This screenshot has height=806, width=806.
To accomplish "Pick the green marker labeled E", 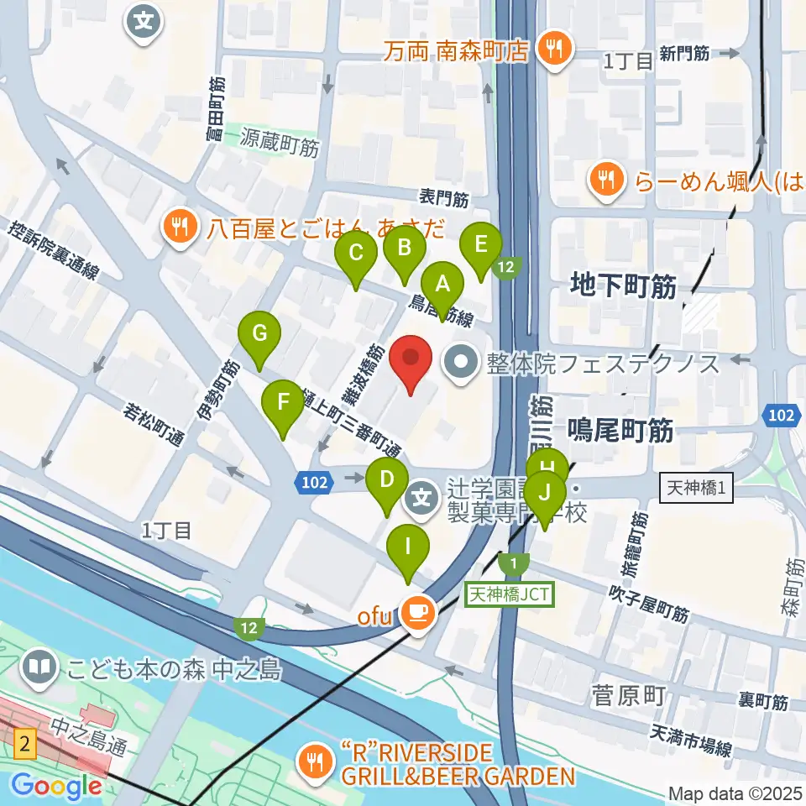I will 481,246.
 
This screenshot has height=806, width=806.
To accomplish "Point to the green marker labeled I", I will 408,548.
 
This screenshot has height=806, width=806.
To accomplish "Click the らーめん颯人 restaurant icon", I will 605,178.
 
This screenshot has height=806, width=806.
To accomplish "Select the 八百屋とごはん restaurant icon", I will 180,226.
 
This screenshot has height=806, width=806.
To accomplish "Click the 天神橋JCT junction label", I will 509,594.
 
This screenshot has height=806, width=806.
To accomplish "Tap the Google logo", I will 57,786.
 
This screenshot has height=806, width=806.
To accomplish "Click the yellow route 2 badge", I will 25,742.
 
